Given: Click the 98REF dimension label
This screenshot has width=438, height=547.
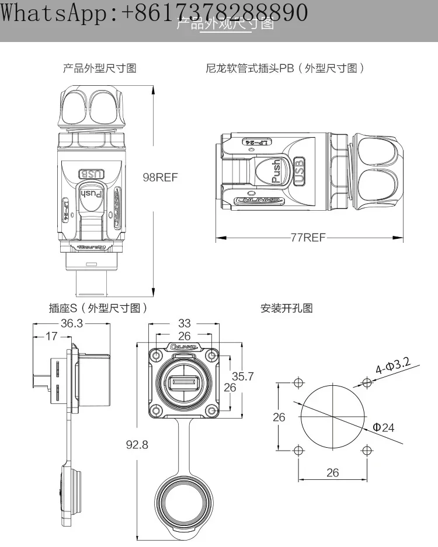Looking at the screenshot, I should click(160, 177).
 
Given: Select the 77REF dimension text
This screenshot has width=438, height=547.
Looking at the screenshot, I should click(308, 238).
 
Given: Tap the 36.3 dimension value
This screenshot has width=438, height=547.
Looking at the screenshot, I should click(71, 323).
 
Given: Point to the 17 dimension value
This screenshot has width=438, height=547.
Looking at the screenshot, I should click(52, 336).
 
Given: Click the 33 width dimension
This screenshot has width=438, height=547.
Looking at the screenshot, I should click(184, 323).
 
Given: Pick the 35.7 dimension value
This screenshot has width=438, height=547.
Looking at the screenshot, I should click(243, 376).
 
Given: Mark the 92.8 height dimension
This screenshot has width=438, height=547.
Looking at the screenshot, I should click(137, 445).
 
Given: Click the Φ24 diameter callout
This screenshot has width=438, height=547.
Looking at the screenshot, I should click(383, 427).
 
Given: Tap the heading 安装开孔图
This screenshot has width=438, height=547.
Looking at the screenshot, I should click(287, 308).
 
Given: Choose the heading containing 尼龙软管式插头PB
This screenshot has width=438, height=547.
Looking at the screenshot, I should click(286, 68).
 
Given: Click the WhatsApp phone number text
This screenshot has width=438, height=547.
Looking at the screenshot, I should click(154, 12).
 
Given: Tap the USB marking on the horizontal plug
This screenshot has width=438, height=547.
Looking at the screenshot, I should click(300, 171).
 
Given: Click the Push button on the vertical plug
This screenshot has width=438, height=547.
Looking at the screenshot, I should click(91, 193).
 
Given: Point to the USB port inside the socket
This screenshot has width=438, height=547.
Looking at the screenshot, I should click(184, 384).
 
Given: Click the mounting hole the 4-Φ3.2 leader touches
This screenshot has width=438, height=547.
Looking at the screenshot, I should click(367, 383).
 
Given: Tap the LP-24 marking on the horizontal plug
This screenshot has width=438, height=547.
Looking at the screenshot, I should click(264, 142).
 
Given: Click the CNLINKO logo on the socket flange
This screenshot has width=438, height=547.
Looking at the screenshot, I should click(184, 346).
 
